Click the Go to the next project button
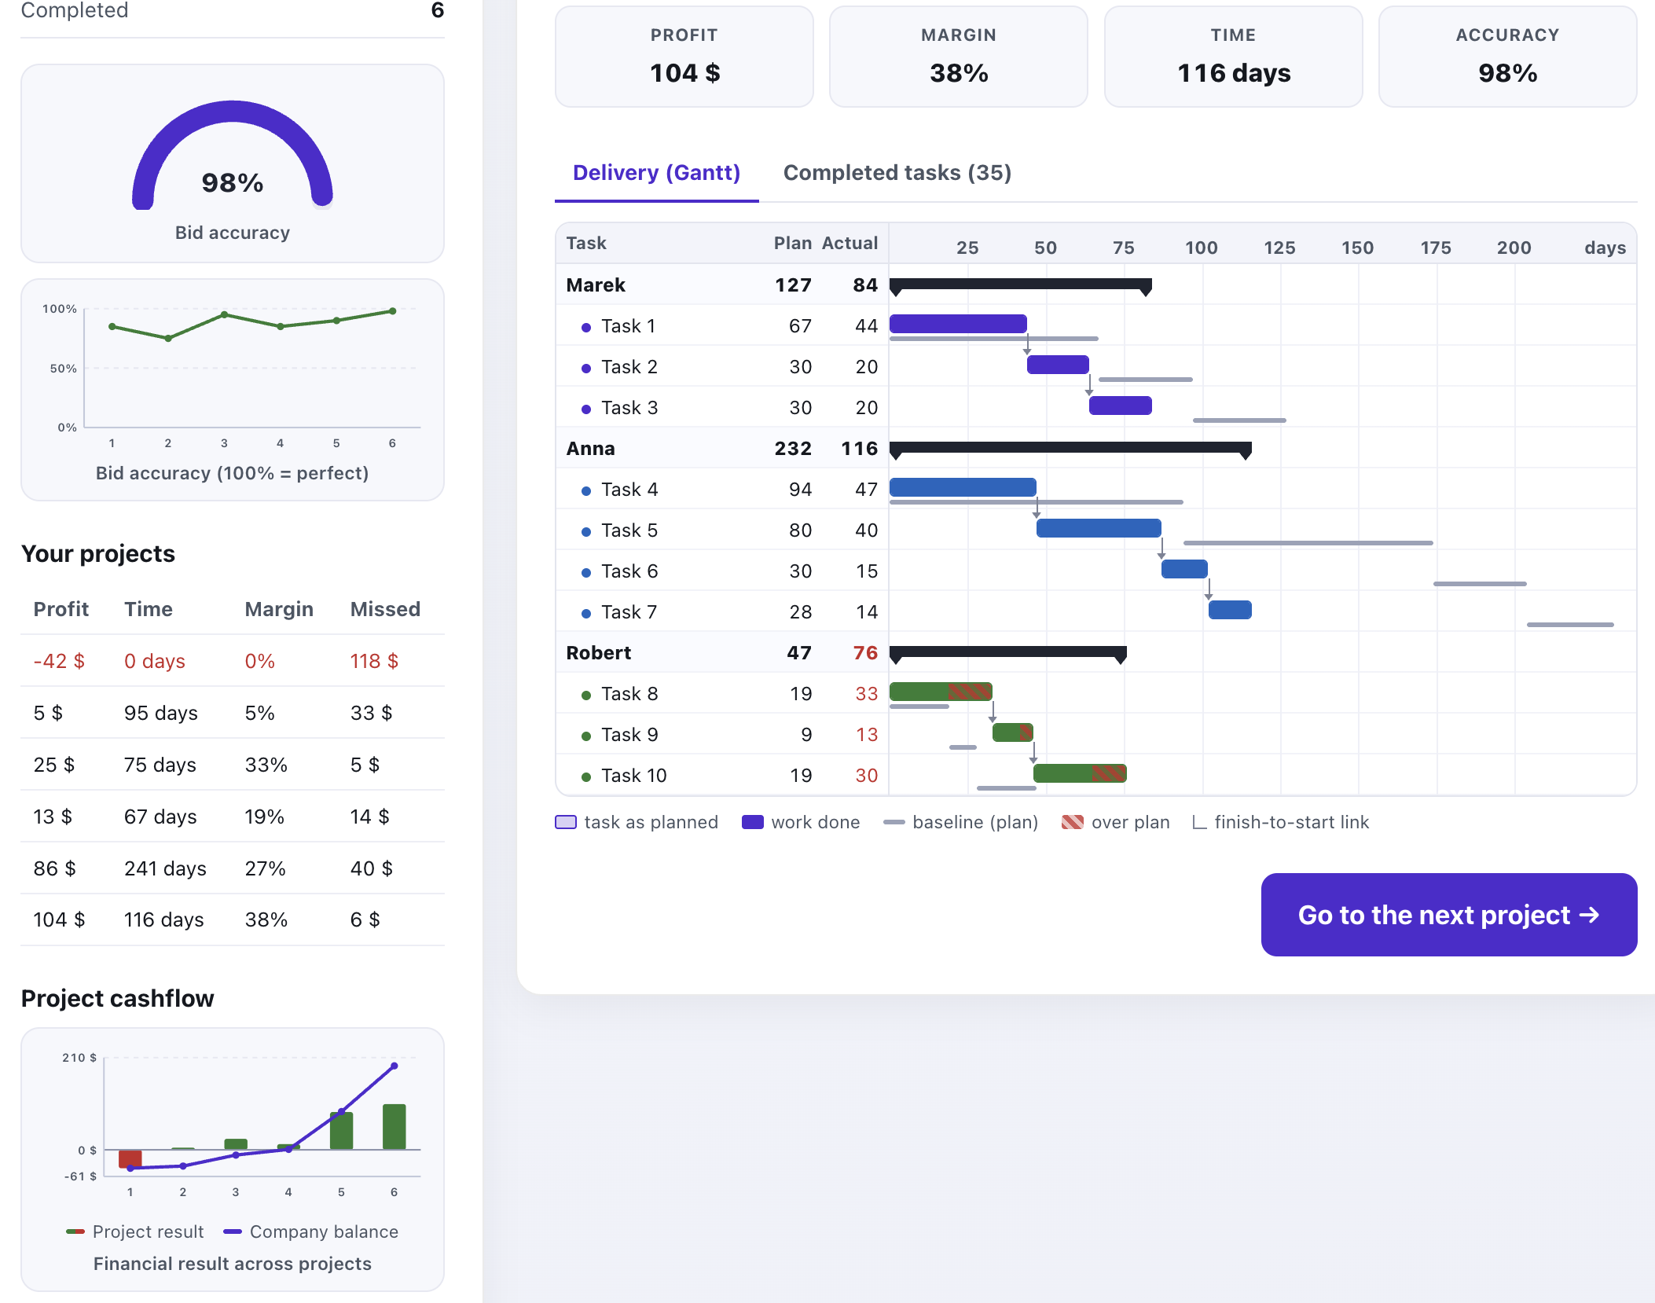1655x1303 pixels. tap(1448, 915)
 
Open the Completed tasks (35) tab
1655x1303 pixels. tap(897, 173)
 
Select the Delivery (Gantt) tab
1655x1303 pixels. tap(656, 173)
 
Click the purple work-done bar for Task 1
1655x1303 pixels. tap(958, 324)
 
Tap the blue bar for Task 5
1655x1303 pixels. tap(1099, 528)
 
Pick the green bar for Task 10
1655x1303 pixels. tap(1080, 773)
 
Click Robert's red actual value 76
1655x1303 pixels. tap(865, 653)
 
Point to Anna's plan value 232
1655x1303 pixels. tap(793, 449)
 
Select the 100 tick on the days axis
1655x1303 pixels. tap(1202, 248)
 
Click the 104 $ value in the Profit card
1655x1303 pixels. tap(684, 73)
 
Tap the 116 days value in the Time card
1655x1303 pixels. tap(1234, 73)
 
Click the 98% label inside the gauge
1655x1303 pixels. tap(233, 183)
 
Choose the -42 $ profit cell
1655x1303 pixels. tap(59, 661)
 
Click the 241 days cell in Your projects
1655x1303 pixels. tap(165, 868)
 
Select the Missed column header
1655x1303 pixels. tap(385, 609)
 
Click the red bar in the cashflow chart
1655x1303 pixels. tap(130, 1158)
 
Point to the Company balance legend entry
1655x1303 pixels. tap(311, 1231)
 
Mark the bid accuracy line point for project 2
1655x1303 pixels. tap(168, 338)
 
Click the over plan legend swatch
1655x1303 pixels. tap(1073, 822)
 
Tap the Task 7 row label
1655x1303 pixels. tap(629, 612)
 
